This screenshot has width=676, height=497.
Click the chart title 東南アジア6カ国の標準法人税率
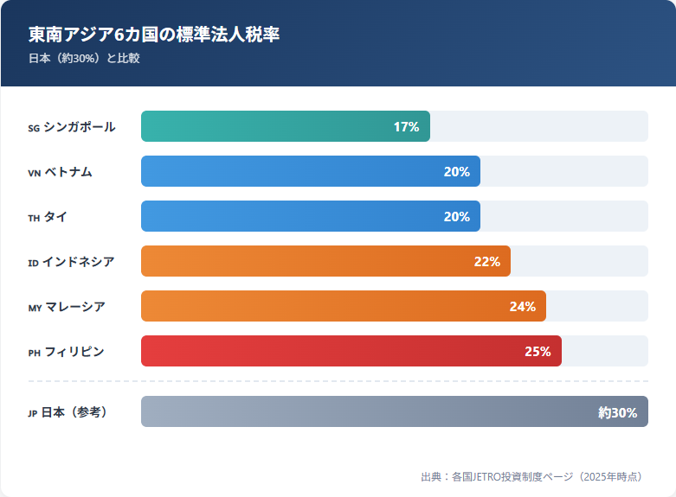[x=154, y=35]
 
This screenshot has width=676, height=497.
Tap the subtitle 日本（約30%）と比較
[x=84, y=59]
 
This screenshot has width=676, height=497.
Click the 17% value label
[x=406, y=127]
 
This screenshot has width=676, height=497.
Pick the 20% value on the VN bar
[x=456, y=172]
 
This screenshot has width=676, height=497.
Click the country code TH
[x=34, y=218]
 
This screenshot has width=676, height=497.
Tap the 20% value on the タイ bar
[x=456, y=217]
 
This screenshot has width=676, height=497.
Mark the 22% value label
[x=486, y=262]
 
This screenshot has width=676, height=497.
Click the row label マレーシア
[x=75, y=307]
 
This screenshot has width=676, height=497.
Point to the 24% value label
[x=522, y=307]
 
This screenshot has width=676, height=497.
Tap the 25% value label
[x=538, y=352]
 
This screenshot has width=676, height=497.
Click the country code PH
[x=34, y=353]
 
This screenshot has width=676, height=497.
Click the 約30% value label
[x=617, y=412]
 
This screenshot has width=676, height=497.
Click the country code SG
[x=34, y=128]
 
